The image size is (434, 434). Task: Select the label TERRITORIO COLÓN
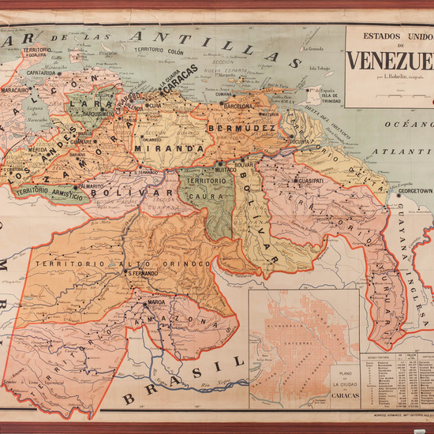159,51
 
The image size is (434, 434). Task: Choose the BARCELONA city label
238,106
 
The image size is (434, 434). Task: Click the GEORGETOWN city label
415,190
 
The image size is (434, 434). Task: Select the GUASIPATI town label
312,180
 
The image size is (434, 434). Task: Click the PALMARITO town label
92,186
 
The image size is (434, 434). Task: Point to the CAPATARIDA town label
41,73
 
